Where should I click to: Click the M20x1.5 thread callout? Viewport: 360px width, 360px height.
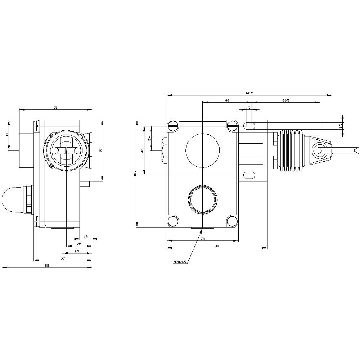180,262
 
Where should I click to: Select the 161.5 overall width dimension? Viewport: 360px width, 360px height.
249,93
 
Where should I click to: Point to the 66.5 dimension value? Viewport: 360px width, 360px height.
285,100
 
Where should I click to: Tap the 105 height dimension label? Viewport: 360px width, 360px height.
135,174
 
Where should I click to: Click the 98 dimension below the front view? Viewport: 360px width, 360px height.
217,246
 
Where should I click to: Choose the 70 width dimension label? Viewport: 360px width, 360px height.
202,239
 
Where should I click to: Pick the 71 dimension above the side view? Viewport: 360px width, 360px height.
55,107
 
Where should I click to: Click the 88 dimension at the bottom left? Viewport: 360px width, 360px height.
46,265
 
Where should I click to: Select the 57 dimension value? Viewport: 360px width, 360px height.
62,258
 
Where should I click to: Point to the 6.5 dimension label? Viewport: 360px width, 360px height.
340,126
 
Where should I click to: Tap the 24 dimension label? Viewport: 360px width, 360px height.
149,138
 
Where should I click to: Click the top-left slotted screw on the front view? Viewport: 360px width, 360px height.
173,126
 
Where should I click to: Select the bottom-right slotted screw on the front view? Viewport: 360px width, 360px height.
233,221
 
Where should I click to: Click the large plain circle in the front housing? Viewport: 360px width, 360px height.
202,150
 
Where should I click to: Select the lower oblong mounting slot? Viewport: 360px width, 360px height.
249,175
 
